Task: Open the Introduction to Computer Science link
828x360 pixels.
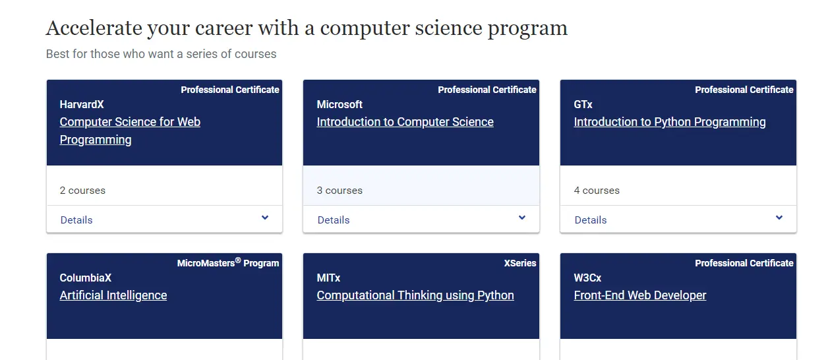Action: [405, 122]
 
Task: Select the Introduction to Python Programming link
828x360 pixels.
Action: [669, 122]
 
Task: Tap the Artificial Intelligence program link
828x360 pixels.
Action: [113, 295]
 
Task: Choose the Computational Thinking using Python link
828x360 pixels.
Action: [415, 295]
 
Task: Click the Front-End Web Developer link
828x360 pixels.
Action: [640, 295]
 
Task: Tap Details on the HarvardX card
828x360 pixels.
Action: [76, 220]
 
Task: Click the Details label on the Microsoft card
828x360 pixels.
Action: [334, 220]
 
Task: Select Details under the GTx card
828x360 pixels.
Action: [591, 220]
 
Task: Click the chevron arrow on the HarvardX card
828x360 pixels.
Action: [265, 218]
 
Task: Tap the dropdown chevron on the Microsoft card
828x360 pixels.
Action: [522, 218]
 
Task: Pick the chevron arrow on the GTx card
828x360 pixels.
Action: [779, 218]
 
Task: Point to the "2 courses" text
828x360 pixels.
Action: [82, 191]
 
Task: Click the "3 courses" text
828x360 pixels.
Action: [340, 191]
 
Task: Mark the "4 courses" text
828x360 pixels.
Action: [597, 191]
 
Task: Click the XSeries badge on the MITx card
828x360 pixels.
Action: [520, 263]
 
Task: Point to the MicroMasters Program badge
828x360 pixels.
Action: [228, 263]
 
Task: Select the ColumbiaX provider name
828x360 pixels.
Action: [86, 278]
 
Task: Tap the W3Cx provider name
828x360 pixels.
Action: [587, 278]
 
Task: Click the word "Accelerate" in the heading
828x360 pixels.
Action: [94, 28]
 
